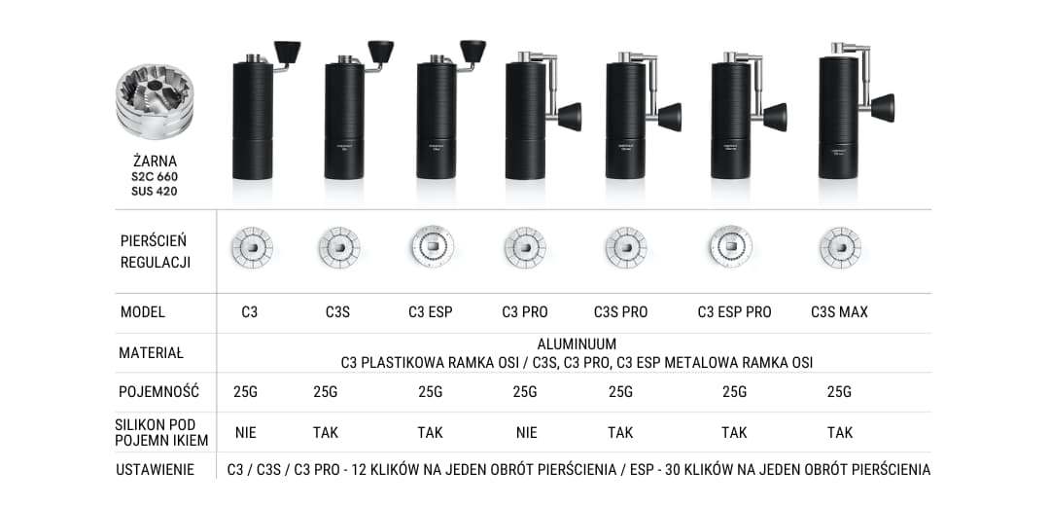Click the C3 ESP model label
coord(431,312)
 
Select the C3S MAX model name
coord(839,312)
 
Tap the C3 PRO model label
coord(525,312)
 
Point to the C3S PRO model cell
coord(620,312)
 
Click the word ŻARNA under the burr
coord(155,161)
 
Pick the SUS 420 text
coord(155,191)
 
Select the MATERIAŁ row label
coord(151,353)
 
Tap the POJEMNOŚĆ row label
coord(158,392)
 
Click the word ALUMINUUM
coord(577,344)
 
